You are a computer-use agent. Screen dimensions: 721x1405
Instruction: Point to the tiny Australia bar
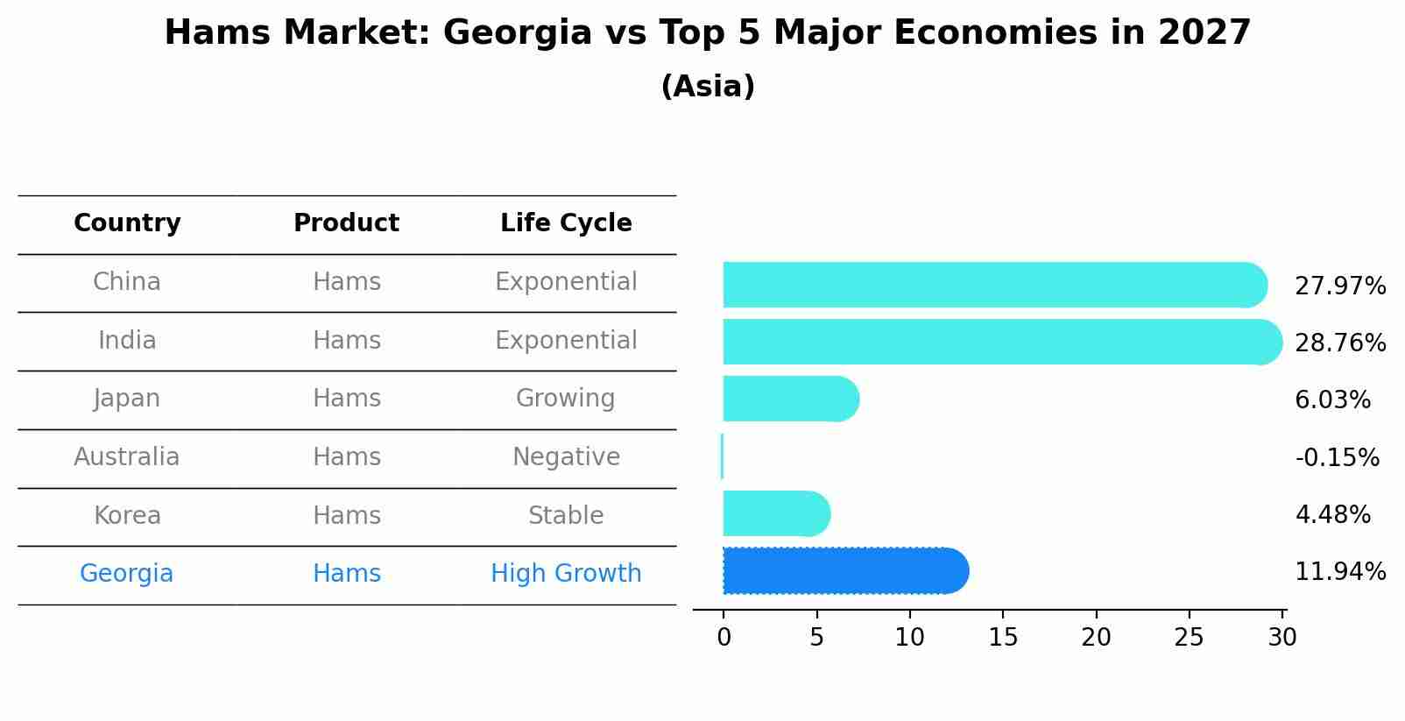pyautogui.click(x=722, y=456)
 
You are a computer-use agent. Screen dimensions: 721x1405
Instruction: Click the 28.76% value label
pyautogui.click(x=1339, y=343)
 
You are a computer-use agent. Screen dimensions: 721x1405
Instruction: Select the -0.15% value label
pyautogui.click(x=1336, y=458)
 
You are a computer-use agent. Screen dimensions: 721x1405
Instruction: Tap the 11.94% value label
pyautogui.click(x=1339, y=572)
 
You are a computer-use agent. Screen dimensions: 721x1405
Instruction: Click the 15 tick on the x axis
pyautogui.click(x=1003, y=638)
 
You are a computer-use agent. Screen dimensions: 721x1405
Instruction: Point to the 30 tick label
pyautogui.click(x=1281, y=638)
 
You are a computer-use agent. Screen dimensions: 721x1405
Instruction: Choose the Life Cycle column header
pyautogui.click(x=566, y=223)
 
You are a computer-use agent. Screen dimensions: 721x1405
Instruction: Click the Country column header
pyautogui.click(x=127, y=223)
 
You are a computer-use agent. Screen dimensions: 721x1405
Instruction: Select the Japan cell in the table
pyautogui.click(x=127, y=399)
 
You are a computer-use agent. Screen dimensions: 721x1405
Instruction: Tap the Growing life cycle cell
pyautogui.click(x=566, y=399)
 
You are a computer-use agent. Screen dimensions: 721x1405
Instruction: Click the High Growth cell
pyautogui.click(x=566, y=574)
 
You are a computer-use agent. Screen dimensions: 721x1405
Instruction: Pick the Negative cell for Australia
pyautogui.click(x=566, y=457)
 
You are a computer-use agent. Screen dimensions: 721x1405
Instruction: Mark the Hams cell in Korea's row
pyautogui.click(x=347, y=516)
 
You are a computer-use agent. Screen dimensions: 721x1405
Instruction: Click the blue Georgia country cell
pyautogui.click(x=127, y=574)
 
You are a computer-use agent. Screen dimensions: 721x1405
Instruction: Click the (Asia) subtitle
pyautogui.click(x=708, y=87)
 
